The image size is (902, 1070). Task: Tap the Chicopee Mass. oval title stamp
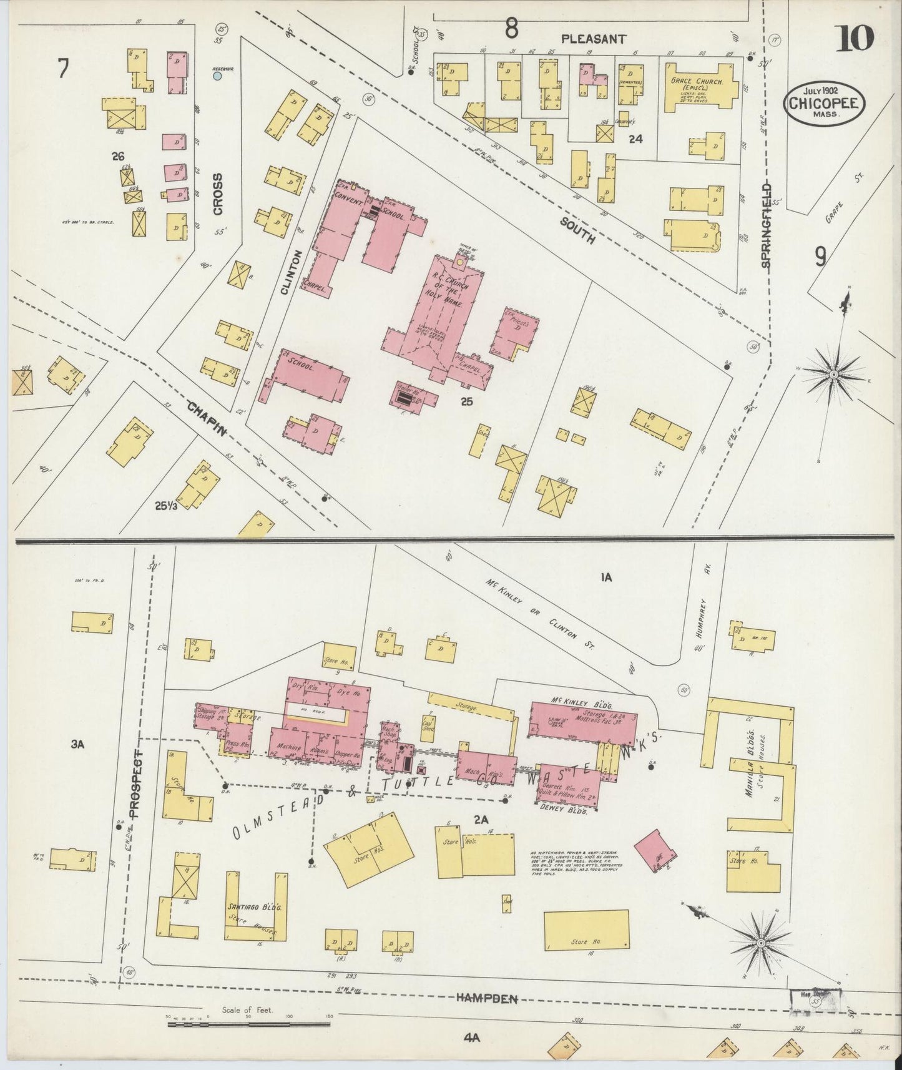[824, 104]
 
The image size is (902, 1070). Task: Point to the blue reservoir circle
[217, 76]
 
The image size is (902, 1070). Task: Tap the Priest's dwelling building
[516, 331]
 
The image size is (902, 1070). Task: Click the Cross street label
[217, 194]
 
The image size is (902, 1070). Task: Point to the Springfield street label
[767, 225]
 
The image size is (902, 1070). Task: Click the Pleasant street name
[593, 39]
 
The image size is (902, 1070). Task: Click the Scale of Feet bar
[248, 1023]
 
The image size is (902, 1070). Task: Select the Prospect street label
[139, 777]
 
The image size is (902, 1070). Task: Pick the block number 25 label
[466, 401]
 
